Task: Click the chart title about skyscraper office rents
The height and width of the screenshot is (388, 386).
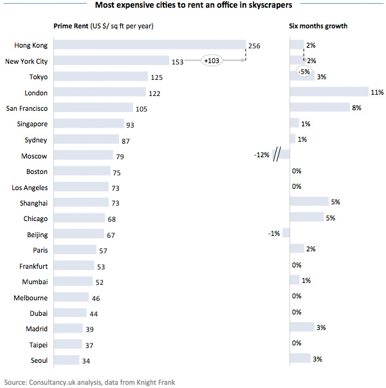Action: tap(193, 6)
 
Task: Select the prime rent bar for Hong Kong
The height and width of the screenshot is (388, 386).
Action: tap(149, 46)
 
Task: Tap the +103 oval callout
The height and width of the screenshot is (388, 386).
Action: tap(212, 61)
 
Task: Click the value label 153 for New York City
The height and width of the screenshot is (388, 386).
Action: tap(178, 61)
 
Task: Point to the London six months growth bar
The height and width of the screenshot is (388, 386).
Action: tap(329, 92)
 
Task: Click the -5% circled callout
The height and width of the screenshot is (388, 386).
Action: tap(304, 72)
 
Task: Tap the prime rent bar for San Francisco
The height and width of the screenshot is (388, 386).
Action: tap(93, 108)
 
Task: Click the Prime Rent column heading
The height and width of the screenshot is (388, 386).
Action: tap(104, 26)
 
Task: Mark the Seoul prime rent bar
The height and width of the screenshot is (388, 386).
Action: tap(66, 360)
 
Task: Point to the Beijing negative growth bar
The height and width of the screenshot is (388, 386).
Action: tap(286, 233)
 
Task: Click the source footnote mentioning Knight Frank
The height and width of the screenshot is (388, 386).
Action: tap(89, 382)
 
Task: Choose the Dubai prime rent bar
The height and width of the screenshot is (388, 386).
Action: tap(70, 313)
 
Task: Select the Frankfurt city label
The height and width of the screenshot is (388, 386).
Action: tap(32, 266)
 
